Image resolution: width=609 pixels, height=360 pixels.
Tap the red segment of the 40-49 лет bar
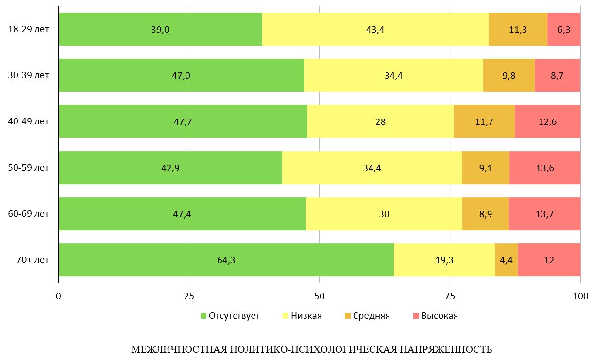coord(547,121)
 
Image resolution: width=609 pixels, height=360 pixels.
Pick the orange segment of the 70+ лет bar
coord(506,260)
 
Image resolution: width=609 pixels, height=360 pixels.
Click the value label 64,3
coord(226,260)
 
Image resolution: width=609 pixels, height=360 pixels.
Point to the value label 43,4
coord(375,29)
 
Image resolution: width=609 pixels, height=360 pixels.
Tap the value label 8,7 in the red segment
coord(557,76)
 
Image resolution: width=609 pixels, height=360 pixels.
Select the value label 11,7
coord(484,122)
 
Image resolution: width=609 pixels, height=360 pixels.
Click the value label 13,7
coord(544,214)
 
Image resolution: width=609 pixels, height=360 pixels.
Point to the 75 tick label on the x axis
coord(450,296)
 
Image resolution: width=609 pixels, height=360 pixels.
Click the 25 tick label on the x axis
coord(189,296)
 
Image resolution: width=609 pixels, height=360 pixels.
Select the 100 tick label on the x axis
coord(580,296)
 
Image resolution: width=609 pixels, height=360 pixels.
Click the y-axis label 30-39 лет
coord(29,76)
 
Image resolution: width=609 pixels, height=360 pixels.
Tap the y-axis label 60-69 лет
coord(29,214)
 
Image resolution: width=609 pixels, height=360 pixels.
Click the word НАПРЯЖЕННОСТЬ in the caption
coord(445,350)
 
